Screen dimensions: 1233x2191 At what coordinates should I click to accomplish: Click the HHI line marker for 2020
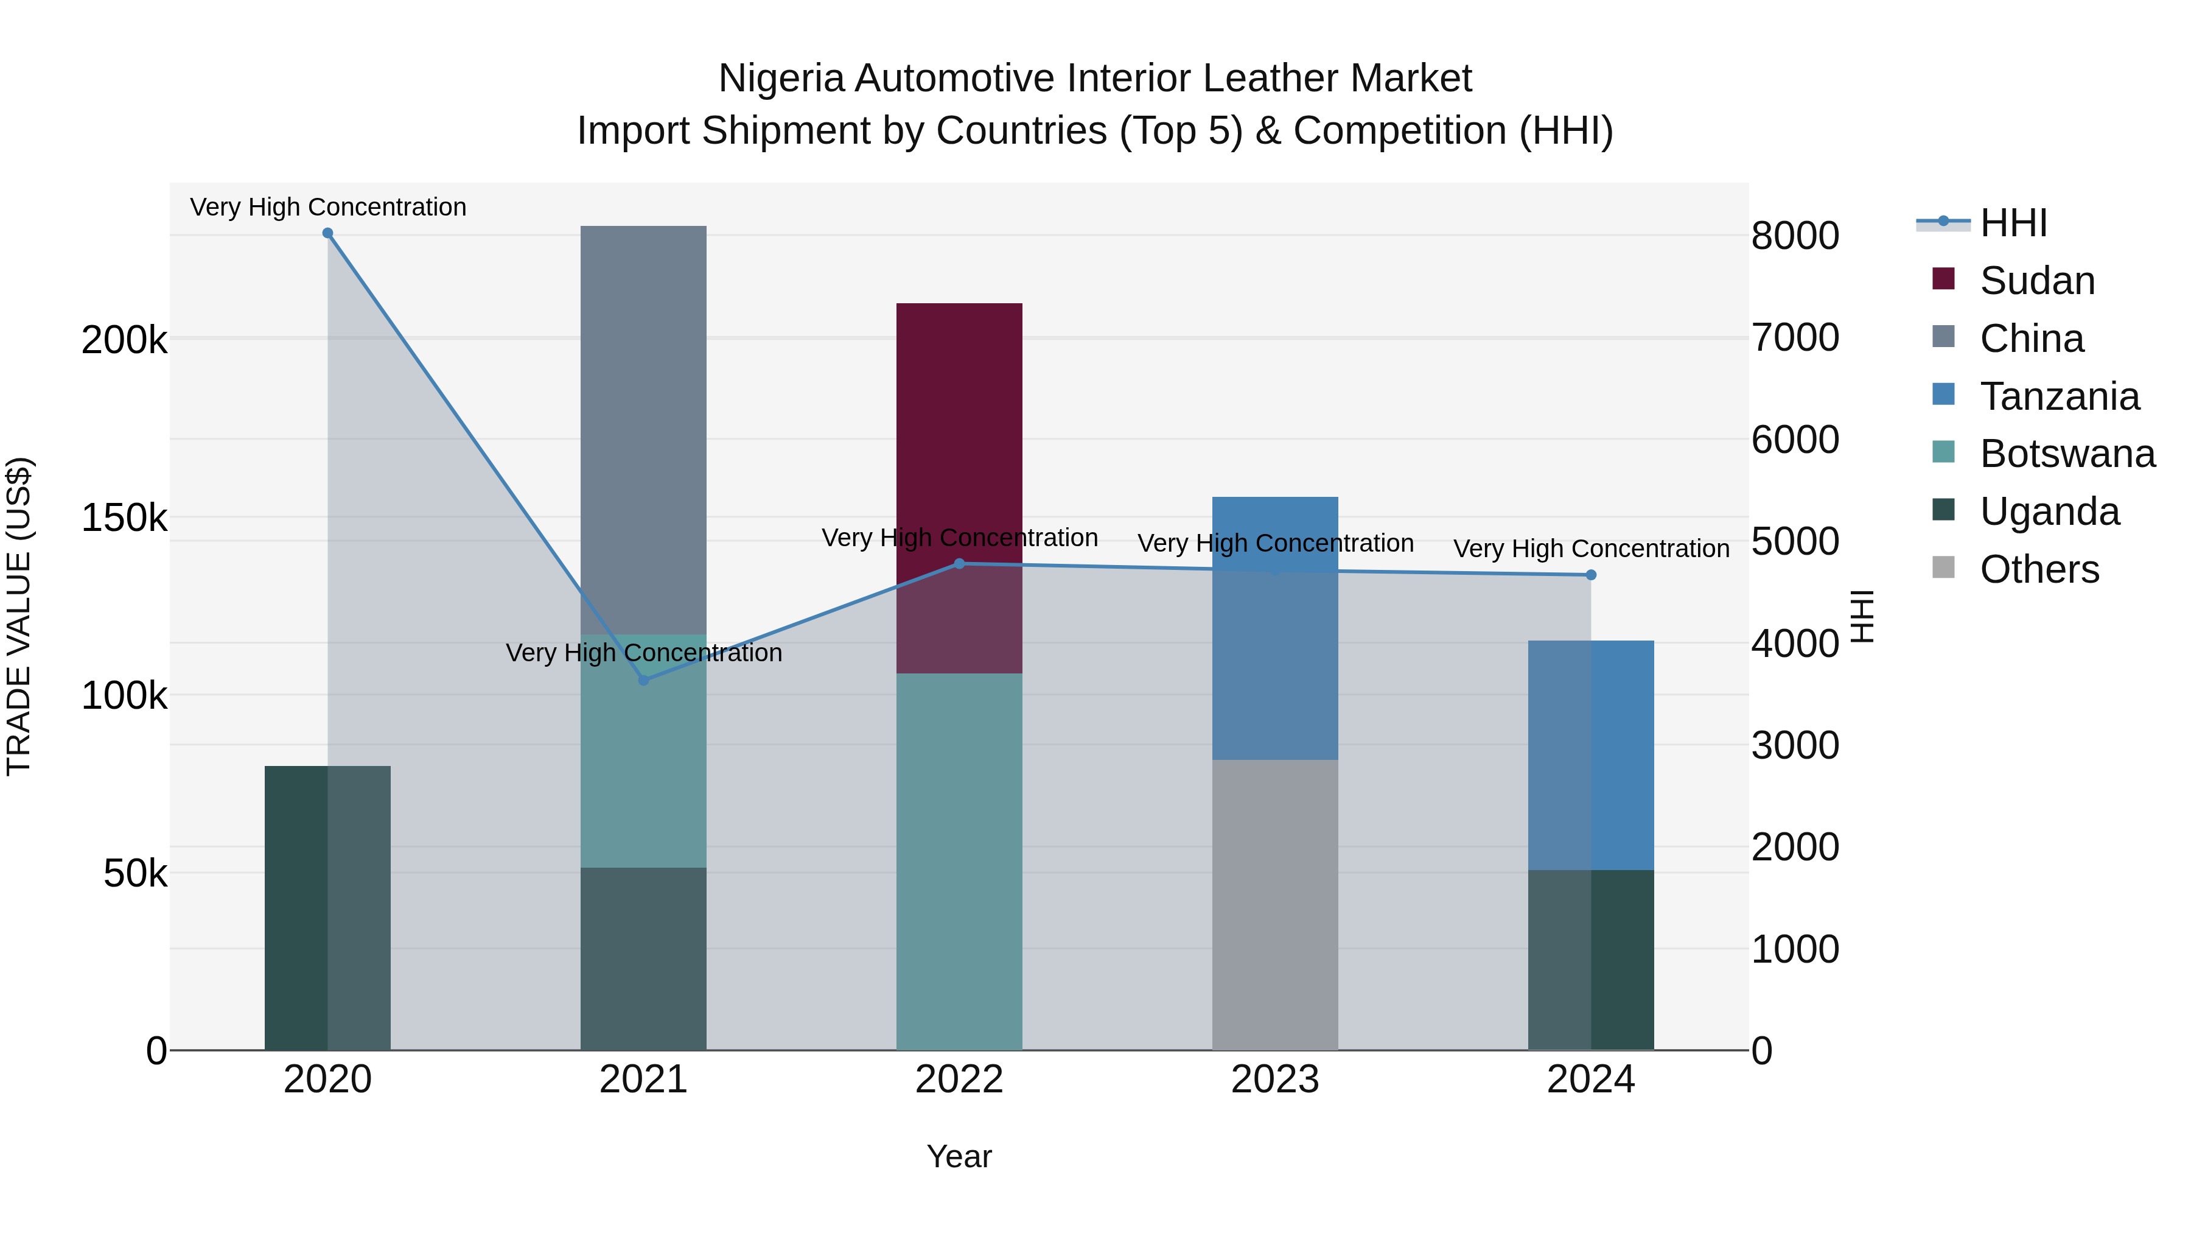coord(327,233)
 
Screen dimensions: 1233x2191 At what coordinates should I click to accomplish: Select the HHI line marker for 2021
coord(643,680)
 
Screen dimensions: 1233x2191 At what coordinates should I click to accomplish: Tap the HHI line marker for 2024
coord(1590,575)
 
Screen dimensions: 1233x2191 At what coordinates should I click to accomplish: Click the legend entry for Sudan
coord(2036,281)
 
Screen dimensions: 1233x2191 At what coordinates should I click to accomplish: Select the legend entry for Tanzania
coord(2058,396)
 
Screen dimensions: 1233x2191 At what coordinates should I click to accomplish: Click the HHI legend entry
coord(2013,223)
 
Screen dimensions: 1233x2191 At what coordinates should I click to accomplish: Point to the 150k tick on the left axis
coord(124,518)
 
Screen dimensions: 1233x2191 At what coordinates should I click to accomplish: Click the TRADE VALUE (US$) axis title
coord(19,616)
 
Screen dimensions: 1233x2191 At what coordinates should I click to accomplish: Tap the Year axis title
coord(959,1156)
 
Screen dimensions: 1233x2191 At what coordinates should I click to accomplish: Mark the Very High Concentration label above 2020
coord(327,207)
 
